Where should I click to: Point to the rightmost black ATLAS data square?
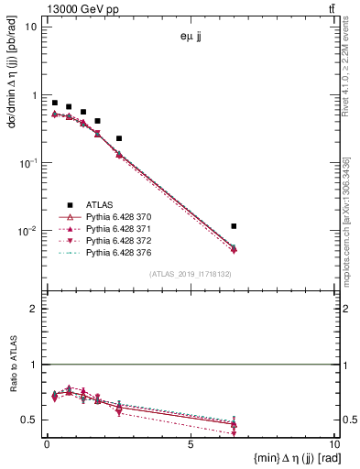[x=235, y=225]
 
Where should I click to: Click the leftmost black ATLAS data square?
[x=55, y=103]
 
